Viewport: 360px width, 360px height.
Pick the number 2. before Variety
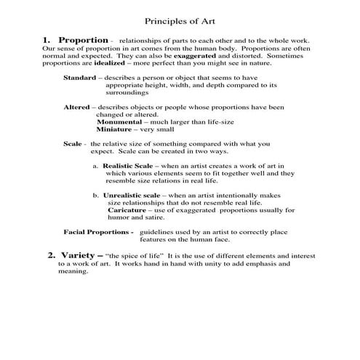point(52,256)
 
